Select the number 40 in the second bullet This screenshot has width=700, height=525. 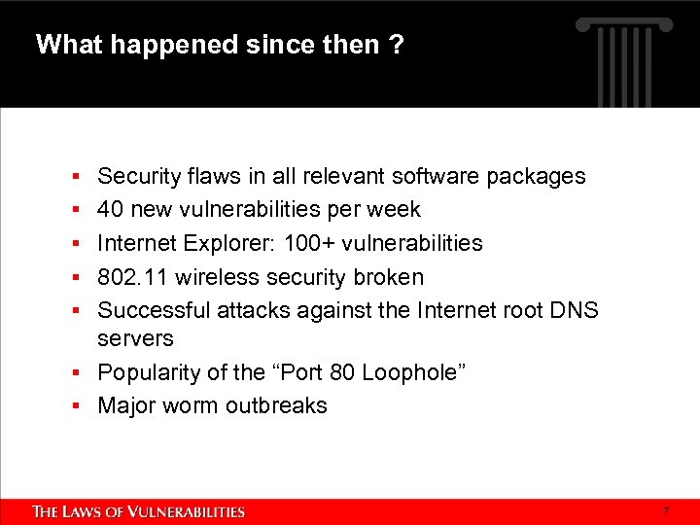[111, 209]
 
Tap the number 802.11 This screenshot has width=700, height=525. [131, 277]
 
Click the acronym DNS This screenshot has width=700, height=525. [575, 310]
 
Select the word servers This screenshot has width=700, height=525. [135, 339]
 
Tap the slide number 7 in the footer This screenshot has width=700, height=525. [666, 511]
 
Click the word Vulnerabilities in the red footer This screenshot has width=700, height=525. [189, 511]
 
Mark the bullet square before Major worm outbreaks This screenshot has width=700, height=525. [76, 406]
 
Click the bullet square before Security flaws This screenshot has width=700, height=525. [76, 177]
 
